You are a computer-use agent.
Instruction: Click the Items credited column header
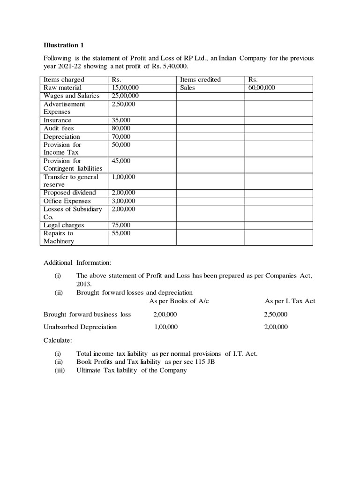(200, 80)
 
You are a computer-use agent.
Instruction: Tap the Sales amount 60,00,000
(262, 88)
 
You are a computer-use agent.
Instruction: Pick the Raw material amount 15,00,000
(125, 88)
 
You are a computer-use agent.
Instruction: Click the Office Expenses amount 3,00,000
(123, 201)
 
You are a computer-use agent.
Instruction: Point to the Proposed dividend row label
(69, 193)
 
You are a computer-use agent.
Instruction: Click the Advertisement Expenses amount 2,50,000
(123, 104)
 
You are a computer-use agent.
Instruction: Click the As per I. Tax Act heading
(290, 301)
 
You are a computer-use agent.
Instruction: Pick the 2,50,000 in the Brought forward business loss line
(276, 314)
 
